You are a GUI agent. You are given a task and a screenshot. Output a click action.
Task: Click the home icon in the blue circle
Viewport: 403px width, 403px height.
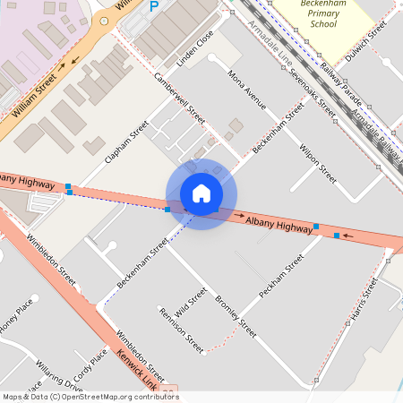(201, 193)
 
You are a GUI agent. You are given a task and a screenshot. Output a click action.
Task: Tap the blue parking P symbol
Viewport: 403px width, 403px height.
(153, 6)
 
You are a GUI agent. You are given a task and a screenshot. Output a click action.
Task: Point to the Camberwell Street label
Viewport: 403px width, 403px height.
(180, 105)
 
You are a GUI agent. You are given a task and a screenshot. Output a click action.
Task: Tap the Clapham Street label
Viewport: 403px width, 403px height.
(125, 141)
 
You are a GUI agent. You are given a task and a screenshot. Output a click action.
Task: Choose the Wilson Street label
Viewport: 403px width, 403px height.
(318, 161)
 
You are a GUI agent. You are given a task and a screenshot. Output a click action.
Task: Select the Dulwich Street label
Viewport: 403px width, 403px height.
(367, 38)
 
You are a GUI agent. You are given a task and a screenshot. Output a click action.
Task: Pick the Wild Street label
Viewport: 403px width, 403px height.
(191, 303)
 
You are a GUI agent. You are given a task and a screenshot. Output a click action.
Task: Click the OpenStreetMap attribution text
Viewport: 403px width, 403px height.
(90, 397)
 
